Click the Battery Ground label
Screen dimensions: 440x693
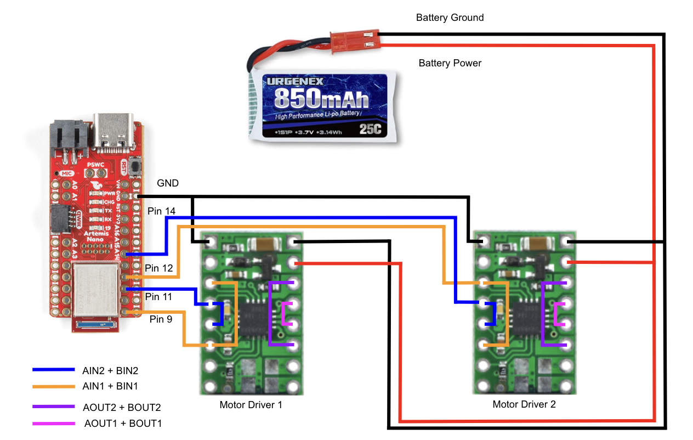(x=450, y=18)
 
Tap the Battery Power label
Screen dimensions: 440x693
(x=450, y=63)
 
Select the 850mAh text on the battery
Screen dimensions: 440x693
(x=321, y=98)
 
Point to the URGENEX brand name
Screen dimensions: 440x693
(x=296, y=82)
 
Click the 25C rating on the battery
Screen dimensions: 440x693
(x=370, y=129)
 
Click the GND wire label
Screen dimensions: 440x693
(x=167, y=183)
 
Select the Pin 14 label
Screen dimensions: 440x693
(x=161, y=211)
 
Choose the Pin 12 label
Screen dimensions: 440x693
(x=159, y=268)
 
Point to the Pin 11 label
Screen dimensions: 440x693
(x=159, y=297)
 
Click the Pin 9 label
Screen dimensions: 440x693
(x=161, y=319)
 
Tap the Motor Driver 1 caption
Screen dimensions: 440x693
(x=251, y=405)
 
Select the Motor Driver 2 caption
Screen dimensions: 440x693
(x=524, y=404)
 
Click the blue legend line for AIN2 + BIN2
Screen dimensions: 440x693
(x=53, y=370)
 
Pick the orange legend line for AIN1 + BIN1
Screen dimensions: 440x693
(x=53, y=386)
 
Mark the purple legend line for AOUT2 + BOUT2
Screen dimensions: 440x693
(x=53, y=407)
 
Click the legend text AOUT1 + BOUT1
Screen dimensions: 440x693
(x=123, y=424)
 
